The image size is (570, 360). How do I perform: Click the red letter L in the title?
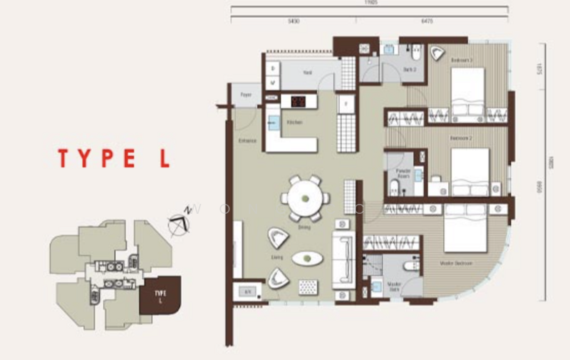(x=165, y=158)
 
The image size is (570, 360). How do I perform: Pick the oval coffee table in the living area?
(x=306, y=258)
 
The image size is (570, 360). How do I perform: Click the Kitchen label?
(x=294, y=123)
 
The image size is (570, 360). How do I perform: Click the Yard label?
(x=308, y=73)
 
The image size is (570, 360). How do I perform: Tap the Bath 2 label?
(x=408, y=69)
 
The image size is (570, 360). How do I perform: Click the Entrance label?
(x=247, y=140)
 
